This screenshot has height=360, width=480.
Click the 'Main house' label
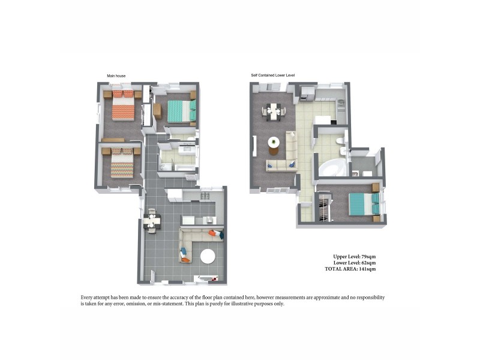116,76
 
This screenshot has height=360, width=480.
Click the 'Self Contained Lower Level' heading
273,76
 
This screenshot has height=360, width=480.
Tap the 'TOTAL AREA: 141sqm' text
350,269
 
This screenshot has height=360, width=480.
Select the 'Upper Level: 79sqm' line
355,256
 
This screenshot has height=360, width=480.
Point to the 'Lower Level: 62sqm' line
355,263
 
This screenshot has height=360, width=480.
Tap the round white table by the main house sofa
208,256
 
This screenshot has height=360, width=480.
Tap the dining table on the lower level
274,110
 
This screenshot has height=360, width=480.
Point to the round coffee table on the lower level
274,143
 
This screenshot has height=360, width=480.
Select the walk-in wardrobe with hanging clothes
325,208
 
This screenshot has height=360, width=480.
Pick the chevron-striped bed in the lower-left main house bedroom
124,163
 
